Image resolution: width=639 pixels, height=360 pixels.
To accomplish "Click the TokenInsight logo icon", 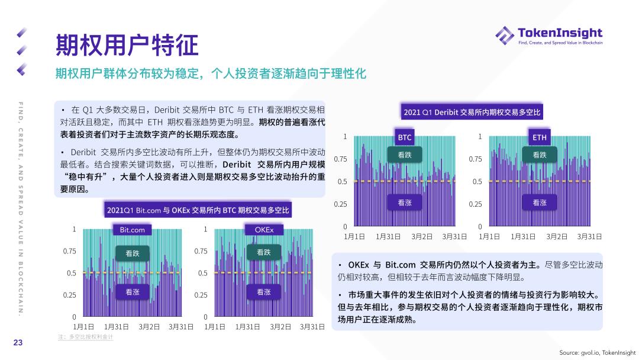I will [505, 35].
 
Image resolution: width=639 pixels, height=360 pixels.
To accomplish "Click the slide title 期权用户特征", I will [127, 44].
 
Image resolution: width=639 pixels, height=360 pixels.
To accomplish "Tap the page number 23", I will [18, 342].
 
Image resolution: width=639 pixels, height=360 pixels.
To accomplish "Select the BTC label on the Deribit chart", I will [405, 137].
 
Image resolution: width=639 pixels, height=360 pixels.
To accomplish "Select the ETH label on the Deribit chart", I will [540, 137].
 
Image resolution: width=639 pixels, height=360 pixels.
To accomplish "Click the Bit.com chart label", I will [132, 229].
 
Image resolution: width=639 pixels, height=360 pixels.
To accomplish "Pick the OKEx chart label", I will [264, 229].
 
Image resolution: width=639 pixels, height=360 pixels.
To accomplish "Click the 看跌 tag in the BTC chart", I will [405, 155].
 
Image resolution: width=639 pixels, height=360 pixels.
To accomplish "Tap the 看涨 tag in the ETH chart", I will [540, 202].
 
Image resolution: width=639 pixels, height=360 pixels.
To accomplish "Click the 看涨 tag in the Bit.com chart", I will [133, 292].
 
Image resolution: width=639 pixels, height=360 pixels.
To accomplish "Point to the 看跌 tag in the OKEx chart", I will [264, 253].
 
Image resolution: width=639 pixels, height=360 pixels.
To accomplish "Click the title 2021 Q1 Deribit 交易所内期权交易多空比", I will [472, 112].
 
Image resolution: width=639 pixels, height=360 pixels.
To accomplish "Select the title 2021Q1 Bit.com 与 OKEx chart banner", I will [198, 210].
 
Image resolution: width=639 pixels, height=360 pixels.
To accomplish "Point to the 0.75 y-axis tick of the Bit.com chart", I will [70, 251].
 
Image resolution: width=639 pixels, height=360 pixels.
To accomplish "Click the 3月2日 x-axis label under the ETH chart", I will [557, 236].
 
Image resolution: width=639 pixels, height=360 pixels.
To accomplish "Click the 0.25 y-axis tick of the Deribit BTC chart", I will [340, 204].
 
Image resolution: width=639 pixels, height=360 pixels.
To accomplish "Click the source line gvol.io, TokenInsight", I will [598, 352].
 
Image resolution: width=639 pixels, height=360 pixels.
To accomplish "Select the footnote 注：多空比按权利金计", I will [85, 337].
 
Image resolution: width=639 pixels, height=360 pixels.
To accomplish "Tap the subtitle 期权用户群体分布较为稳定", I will [211, 74].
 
